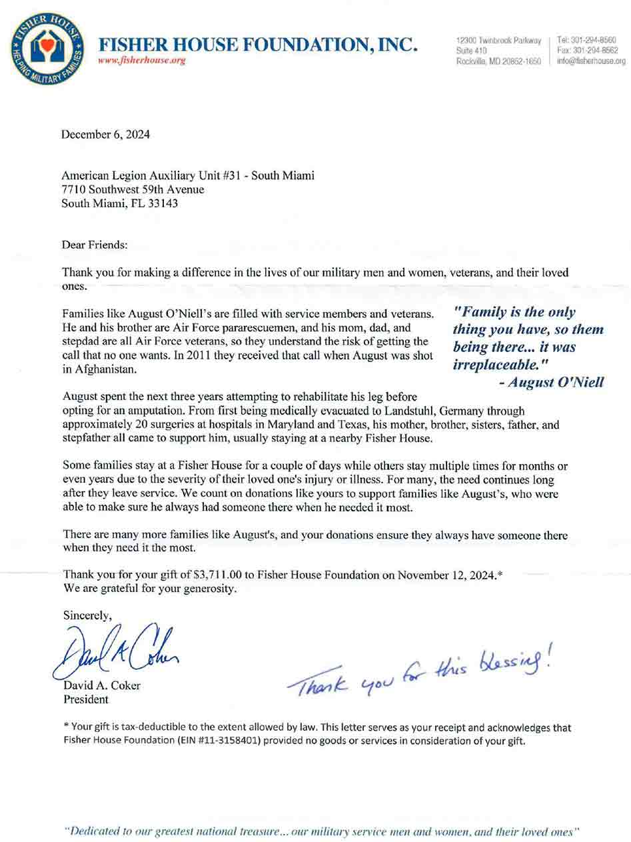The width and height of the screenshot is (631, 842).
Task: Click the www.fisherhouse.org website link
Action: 141,60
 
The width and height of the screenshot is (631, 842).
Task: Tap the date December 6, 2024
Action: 105,135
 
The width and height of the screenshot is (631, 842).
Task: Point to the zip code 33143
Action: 163,203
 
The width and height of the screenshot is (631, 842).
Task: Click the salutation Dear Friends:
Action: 94,245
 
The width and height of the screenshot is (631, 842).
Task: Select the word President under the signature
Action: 85,699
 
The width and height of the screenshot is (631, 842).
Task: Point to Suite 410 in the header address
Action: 471,51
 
